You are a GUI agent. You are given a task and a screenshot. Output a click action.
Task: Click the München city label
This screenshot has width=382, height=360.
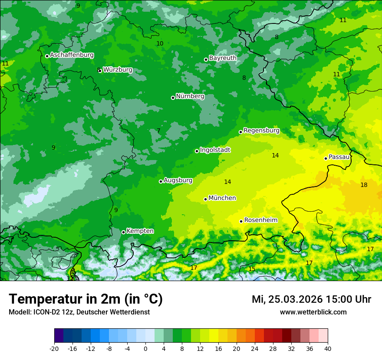(222, 198)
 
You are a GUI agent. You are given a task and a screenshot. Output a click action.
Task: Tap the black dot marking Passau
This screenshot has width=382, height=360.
(326, 158)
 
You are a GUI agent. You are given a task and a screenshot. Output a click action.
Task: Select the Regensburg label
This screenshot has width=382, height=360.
(261, 131)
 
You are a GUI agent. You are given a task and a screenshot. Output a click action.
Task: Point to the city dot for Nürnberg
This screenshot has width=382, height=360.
(173, 98)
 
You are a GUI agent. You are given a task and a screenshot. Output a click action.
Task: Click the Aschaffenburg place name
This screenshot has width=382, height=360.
(72, 55)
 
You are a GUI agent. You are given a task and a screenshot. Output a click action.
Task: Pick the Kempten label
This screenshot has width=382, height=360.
(140, 231)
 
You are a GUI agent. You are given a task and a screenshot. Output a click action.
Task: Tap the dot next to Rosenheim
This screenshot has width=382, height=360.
(241, 221)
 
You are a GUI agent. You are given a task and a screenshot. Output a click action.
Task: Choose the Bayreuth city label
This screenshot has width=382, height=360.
(223, 58)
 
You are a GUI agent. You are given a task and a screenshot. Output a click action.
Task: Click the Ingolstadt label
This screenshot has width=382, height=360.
(215, 150)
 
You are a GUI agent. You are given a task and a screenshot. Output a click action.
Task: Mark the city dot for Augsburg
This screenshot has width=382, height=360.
(161, 181)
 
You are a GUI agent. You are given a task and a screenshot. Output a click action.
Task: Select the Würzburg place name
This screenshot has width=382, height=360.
(118, 70)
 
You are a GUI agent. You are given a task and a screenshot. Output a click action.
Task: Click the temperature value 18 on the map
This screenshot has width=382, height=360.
(364, 185)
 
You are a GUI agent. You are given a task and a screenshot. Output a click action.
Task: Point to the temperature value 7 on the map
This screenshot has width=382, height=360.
(158, 131)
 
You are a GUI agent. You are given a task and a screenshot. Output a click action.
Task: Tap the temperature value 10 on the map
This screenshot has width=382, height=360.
(160, 43)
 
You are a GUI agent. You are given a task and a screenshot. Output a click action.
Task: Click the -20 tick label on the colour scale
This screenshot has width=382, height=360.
(54, 349)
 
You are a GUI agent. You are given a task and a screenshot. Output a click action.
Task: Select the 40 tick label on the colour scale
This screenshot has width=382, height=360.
(328, 349)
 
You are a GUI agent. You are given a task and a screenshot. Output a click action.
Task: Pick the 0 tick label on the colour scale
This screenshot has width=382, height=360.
(145, 349)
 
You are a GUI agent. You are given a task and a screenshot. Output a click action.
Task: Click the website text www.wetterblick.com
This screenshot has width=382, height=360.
(313, 312)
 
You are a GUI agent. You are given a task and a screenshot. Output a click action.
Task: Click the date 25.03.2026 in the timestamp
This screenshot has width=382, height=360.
(295, 299)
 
